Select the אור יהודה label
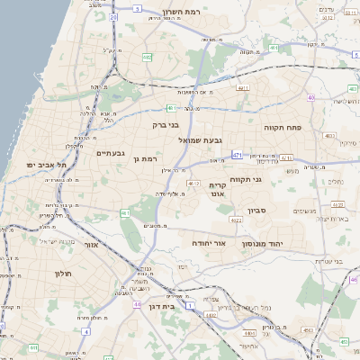210,243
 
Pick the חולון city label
62,273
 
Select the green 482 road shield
146,57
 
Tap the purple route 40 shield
311,97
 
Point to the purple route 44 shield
138,304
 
